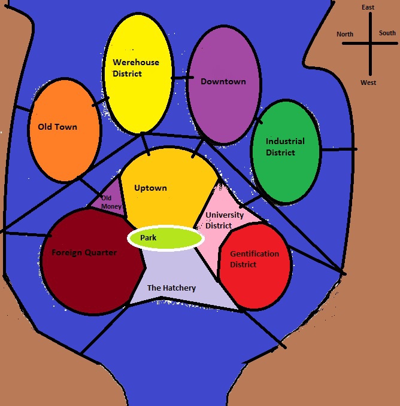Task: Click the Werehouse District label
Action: [136, 68]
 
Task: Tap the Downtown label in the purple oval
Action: [223, 81]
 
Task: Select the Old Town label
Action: [57, 127]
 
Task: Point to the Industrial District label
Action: [285, 147]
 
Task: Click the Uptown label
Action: [150, 188]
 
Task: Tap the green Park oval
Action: [166, 238]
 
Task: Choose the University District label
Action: [224, 220]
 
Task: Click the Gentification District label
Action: [254, 259]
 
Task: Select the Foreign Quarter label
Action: [84, 252]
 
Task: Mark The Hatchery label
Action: [171, 288]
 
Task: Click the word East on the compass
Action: [368, 7]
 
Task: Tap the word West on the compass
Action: [368, 83]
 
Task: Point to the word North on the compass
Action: [345, 34]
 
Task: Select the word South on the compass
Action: [387, 33]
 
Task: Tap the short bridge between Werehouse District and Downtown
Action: [182, 77]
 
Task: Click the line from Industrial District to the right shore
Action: [338, 149]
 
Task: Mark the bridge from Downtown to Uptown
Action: [195, 150]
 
